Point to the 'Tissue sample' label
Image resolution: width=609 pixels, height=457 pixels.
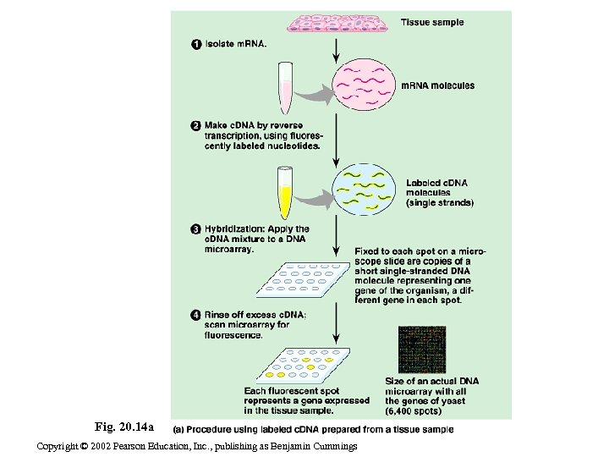431,23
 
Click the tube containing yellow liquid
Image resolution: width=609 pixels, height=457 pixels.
285,192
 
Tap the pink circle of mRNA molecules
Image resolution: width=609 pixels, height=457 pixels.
363,85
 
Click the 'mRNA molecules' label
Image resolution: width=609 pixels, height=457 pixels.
437,85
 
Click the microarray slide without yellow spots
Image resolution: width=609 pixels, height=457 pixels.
302,278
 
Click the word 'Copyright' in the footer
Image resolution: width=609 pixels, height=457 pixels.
62,446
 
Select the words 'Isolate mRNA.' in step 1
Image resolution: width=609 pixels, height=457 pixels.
235,45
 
